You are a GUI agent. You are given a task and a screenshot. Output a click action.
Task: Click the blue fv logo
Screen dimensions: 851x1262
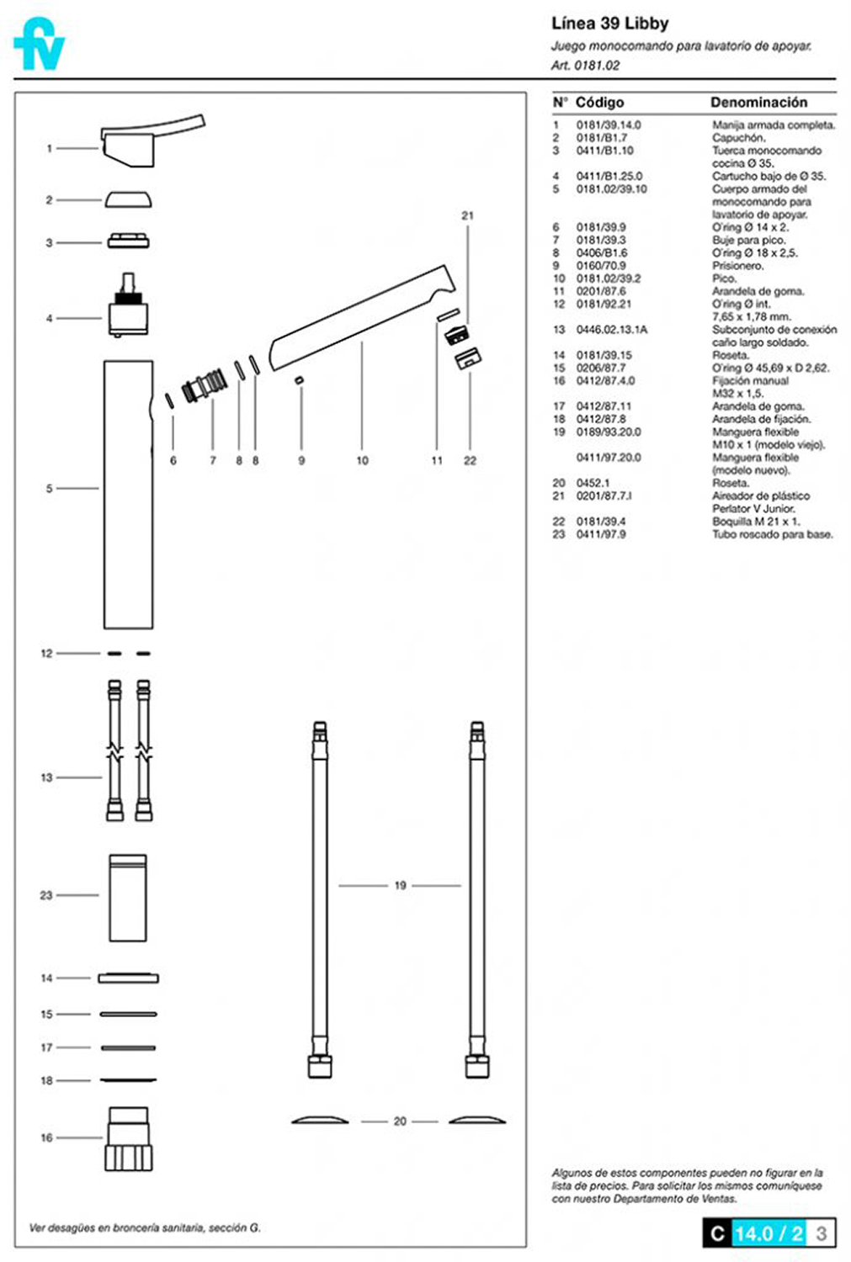pyautogui.click(x=39, y=44)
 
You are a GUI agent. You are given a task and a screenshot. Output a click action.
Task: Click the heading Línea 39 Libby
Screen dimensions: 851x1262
pyautogui.click(x=609, y=24)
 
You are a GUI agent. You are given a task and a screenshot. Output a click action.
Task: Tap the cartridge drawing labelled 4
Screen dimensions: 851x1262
pyautogui.click(x=129, y=305)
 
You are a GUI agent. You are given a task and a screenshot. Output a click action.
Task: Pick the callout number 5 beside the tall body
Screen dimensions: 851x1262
pyautogui.click(x=50, y=489)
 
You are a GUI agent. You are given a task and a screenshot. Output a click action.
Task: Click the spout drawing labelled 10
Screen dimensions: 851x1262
pyautogui.click(x=363, y=318)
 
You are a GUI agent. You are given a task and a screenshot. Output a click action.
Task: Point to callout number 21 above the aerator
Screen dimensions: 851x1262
pyautogui.click(x=468, y=215)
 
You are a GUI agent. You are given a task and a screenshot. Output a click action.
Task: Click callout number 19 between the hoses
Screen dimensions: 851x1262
pyautogui.click(x=400, y=886)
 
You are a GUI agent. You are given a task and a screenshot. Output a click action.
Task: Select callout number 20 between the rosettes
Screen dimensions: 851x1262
pyautogui.click(x=400, y=1121)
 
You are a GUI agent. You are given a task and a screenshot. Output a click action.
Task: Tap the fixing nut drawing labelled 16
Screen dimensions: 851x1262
pyautogui.click(x=129, y=1138)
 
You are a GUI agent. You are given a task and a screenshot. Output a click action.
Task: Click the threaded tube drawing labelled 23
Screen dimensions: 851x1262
pyautogui.click(x=128, y=898)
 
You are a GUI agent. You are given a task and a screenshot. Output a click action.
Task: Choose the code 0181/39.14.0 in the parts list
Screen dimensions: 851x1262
pyautogui.click(x=608, y=125)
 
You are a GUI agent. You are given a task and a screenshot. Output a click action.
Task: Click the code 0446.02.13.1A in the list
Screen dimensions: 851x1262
pyautogui.click(x=611, y=330)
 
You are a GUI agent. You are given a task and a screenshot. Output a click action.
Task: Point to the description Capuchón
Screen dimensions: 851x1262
pyautogui.click(x=739, y=138)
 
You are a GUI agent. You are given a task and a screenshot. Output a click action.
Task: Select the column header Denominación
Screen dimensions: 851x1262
pyautogui.click(x=758, y=103)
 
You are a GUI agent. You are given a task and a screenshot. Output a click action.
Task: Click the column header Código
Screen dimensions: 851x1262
pyautogui.click(x=599, y=103)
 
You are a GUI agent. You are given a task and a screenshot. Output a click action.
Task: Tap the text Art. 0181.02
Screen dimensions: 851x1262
pyautogui.click(x=585, y=66)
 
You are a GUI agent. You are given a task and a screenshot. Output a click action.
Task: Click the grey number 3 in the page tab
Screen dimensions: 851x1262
pyautogui.click(x=822, y=1234)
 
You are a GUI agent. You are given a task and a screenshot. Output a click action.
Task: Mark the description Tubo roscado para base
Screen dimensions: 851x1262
pyautogui.click(x=772, y=534)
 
